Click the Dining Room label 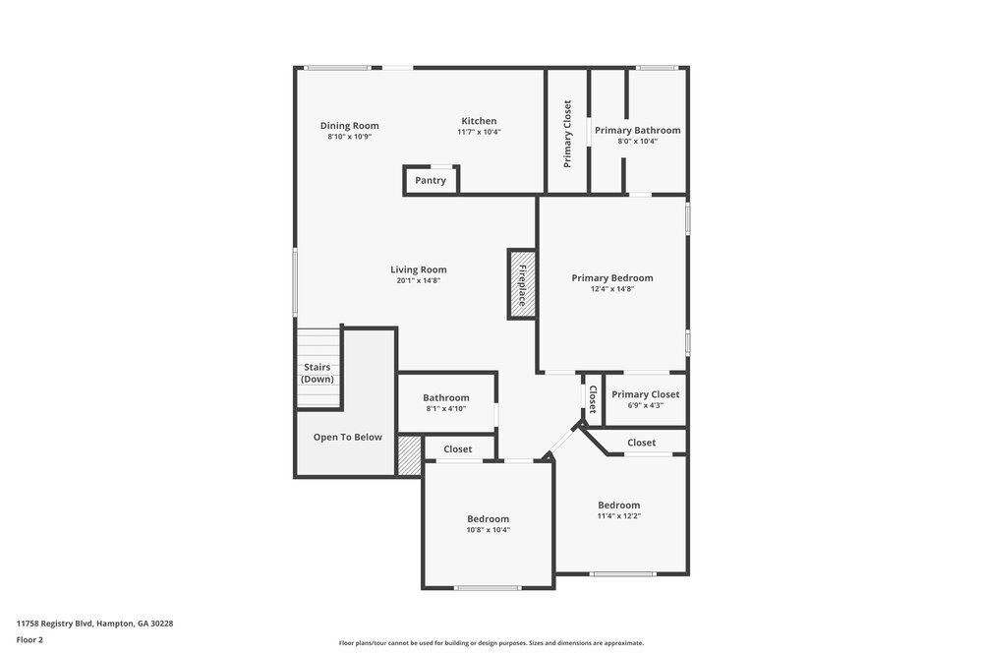tap(349, 126)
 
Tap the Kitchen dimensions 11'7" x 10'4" tap(479, 132)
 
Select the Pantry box tap(431, 180)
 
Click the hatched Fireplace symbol tap(522, 284)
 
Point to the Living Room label tap(419, 269)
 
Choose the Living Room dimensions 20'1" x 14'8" tap(419, 281)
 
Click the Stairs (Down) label tap(317, 373)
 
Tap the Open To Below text tap(348, 437)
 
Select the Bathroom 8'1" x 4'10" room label tap(446, 398)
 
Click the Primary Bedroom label tap(612, 278)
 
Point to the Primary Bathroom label tap(637, 130)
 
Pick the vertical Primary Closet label tap(567, 134)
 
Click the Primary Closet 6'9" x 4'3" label tap(645, 394)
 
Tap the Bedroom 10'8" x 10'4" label tap(488, 519)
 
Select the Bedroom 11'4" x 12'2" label tap(619, 506)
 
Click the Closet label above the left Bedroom tap(458, 449)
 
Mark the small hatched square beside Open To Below tap(409, 455)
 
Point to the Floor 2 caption tap(29, 639)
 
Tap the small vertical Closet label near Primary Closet tap(593, 399)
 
